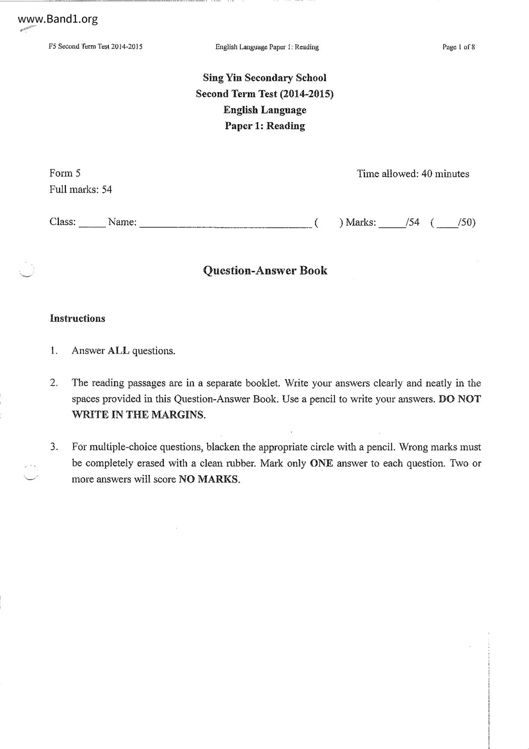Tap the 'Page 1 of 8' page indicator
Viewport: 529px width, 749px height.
click(459, 47)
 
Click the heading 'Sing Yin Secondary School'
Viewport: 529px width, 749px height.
click(264, 78)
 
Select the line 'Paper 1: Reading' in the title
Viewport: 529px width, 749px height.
click(264, 126)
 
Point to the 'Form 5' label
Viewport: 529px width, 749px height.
click(65, 173)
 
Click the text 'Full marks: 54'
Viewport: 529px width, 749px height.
click(81, 190)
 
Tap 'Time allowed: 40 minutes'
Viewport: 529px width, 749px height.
click(413, 174)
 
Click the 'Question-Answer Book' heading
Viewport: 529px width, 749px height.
click(265, 271)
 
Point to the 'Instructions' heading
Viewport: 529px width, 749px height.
click(77, 319)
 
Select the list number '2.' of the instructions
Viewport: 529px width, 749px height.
click(54, 383)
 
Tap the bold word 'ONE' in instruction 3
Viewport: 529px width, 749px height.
click(321, 463)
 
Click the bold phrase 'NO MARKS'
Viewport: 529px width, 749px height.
click(209, 479)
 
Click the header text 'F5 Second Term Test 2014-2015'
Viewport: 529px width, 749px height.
click(96, 47)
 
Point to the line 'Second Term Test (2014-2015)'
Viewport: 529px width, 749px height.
click(264, 94)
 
